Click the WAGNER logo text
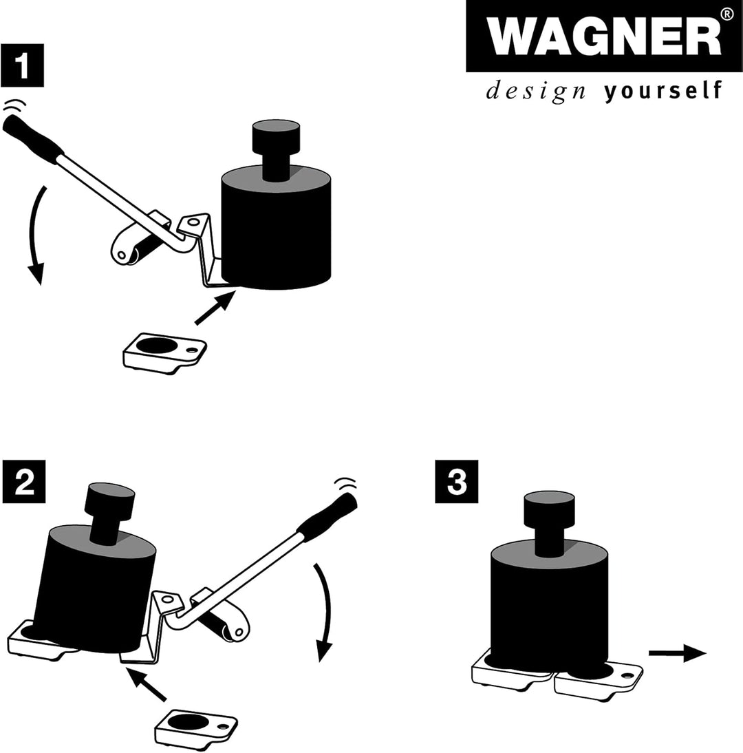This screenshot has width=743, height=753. [x=604, y=36]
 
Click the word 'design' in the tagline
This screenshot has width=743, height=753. [x=536, y=91]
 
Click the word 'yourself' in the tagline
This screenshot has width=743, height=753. [x=663, y=91]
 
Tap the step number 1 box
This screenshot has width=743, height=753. [x=22, y=65]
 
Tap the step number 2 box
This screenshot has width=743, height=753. [x=24, y=481]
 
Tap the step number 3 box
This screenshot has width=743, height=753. [x=456, y=481]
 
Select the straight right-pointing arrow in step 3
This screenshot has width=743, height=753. [x=677, y=653]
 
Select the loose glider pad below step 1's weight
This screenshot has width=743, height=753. [x=164, y=353]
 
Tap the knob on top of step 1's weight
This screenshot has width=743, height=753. [x=276, y=149]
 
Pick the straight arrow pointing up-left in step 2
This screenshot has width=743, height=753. [x=145, y=683]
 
